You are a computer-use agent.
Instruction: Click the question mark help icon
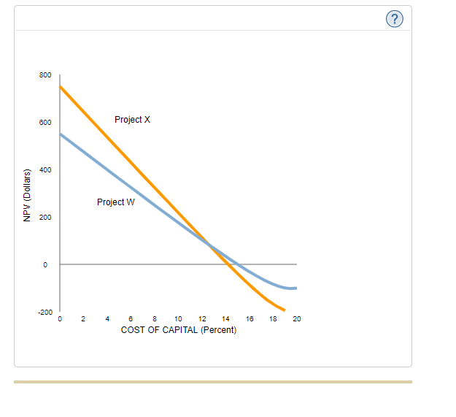click(394, 20)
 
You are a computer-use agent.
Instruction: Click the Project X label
click(132, 119)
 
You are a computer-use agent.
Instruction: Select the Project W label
click(115, 202)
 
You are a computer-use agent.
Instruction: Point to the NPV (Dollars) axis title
click(26, 196)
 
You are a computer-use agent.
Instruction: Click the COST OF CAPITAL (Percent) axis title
click(179, 329)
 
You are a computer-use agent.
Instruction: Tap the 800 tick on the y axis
click(45, 75)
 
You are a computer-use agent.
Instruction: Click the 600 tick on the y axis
click(45, 123)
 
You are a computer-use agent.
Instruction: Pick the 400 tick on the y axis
click(45, 170)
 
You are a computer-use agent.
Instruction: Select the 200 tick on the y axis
click(45, 218)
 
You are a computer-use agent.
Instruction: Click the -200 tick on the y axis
click(44, 312)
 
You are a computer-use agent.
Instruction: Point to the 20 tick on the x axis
click(297, 319)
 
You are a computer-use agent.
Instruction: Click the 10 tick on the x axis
click(179, 319)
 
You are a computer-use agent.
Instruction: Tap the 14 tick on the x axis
click(226, 319)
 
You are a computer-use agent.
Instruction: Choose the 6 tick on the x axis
click(131, 319)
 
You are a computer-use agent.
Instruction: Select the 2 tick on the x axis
click(84, 319)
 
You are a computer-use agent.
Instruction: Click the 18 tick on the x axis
click(274, 319)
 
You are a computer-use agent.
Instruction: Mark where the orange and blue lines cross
click(210, 245)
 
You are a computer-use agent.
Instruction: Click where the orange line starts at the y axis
click(61, 86)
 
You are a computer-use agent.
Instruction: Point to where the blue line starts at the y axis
click(61, 134)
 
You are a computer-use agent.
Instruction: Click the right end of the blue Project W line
click(295, 288)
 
